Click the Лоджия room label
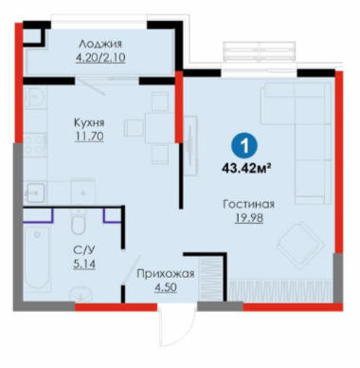(100, 44)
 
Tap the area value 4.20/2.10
(100, 58)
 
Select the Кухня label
(89, 122)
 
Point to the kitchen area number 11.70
(89, 137)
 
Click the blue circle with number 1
(243, 146)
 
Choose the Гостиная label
(248, 204)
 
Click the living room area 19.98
(248, 218)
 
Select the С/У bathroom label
(84, 250)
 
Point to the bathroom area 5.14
(84, 264)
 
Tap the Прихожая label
(165, 274)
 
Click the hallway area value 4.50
(166, 287)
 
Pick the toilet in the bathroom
(78, 222)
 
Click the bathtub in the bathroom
(37, 258)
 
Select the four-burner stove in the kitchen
(34, 144)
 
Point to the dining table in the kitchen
(159, 128)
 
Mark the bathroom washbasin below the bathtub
(81, 295)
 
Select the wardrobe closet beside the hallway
(211, 278)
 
